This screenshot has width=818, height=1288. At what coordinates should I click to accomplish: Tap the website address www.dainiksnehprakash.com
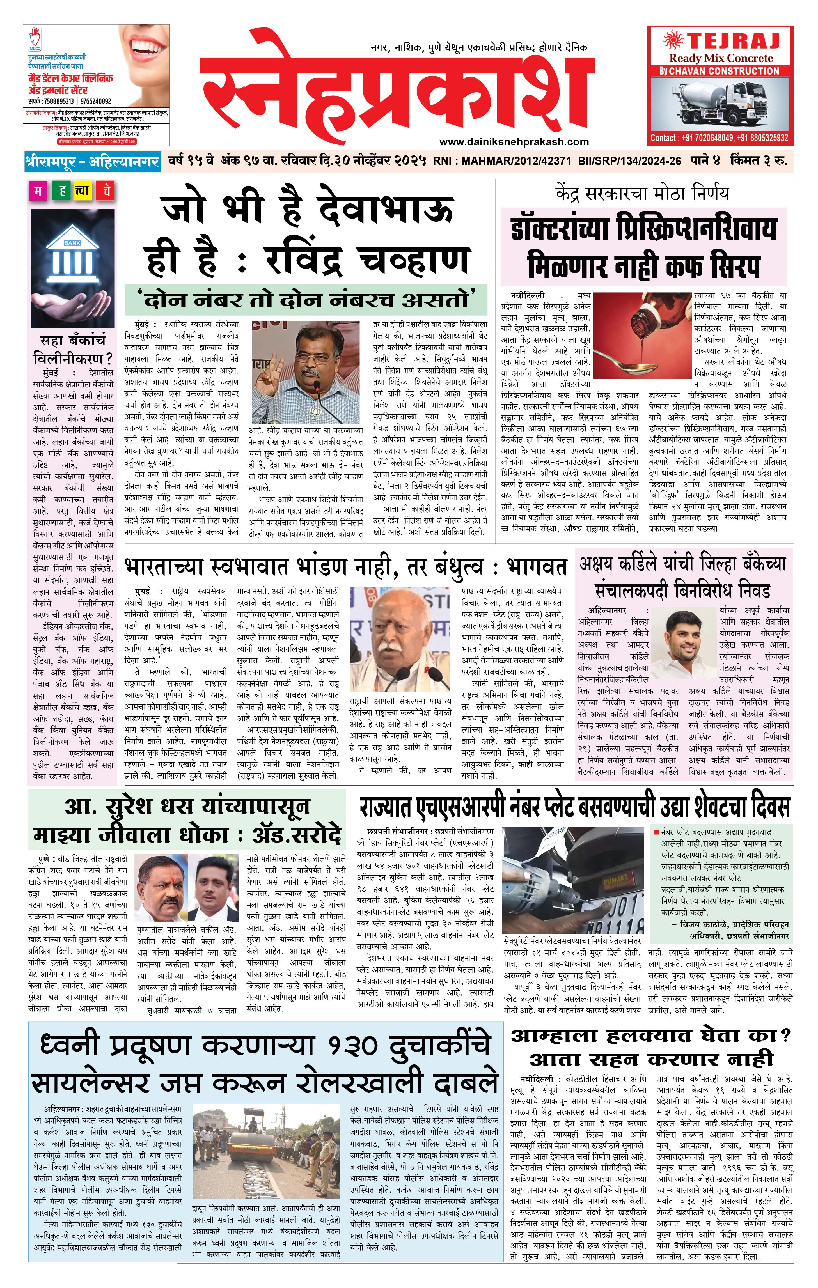(x=514, y=142)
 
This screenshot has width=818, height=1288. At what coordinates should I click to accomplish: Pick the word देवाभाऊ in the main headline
(x=385, y=209)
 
